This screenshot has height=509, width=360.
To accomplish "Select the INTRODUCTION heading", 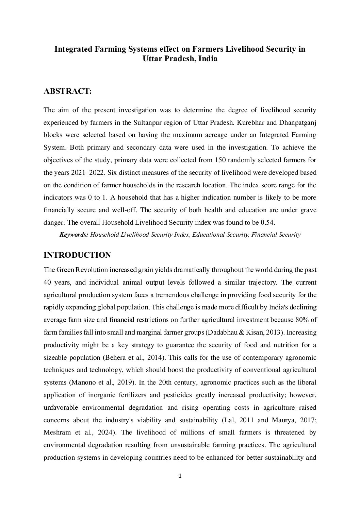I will point(77,255).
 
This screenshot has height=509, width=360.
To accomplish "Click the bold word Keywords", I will point(74,235).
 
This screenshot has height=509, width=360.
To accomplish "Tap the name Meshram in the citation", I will point(57,432).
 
